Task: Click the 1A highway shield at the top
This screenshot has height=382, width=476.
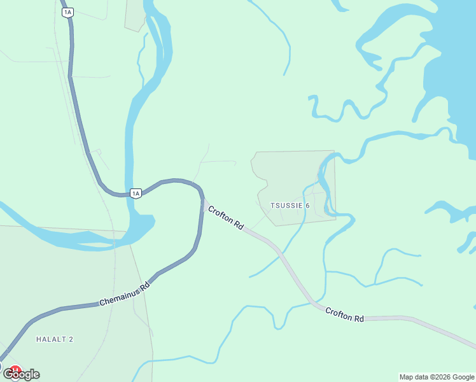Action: click(68, 11)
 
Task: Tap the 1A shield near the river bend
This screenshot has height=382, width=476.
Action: click(135, 193)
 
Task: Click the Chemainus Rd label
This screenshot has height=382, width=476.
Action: click(124, 295)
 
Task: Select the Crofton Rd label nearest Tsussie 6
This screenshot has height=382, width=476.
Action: click(226, 216)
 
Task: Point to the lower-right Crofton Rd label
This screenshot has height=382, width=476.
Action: click(344, 315)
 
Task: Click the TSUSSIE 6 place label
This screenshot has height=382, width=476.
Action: click(290, 206)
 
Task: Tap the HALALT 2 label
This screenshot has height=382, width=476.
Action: click(55, 339)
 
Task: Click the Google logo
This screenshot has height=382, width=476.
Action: click(21, 374)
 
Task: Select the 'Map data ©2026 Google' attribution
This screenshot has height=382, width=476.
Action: click(437, 377)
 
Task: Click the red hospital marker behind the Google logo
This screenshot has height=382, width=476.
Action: click(14, 369)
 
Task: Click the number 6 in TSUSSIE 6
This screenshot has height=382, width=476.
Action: click(307, 206)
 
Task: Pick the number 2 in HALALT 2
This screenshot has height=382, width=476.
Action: click(71, 339)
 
